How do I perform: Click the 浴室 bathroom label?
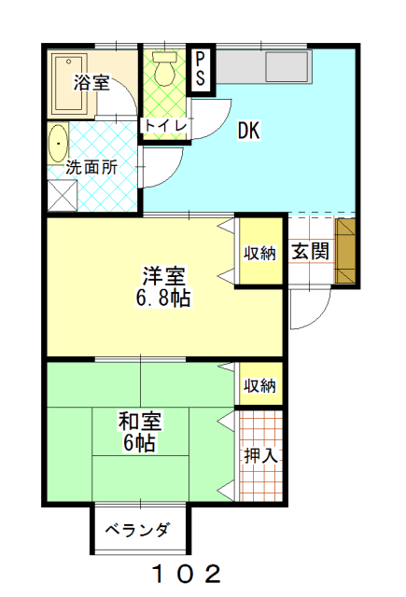click(91, 82)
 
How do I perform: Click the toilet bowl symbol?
click(164, 68)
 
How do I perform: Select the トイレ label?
click(165, 125)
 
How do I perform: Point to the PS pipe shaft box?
click(201, 70)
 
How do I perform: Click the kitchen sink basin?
click(287, 66)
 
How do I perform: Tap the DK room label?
click(248, 131)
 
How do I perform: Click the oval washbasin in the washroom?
click(58, 144)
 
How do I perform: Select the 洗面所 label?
click(91, 167)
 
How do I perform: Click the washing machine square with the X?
click(63, 195)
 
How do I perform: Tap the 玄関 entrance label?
click(310, 252)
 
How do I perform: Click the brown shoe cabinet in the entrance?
click(345, 251)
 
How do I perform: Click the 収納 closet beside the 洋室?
click(261, 252)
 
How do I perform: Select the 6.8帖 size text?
click(163, 298)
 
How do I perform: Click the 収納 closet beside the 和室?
click(261, 384)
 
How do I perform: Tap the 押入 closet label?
click(261, 455)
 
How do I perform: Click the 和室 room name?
click(140, 421)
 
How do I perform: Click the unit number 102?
click(187, 574)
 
